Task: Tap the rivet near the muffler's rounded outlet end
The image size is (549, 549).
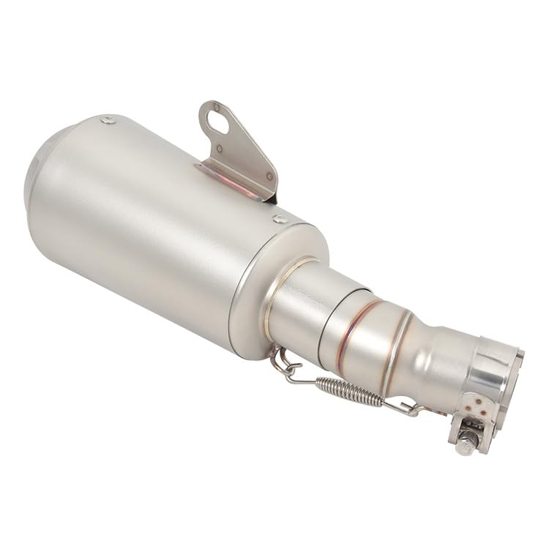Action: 108,119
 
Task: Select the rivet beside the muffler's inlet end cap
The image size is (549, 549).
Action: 280,218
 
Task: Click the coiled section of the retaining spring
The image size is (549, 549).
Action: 349,390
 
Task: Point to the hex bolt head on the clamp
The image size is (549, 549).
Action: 466,444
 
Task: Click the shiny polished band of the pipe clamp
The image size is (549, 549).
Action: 493,373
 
